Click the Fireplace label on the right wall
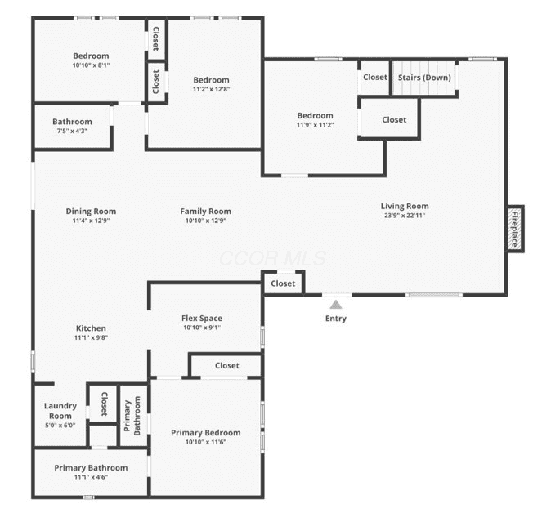pyautogui.click(x=515, y=229)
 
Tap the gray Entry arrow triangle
pyautogui.click(x=336, y=305)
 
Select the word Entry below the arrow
pyautogui.click(x=336, y=319)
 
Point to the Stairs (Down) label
pyautogui.click(x=424, y=78)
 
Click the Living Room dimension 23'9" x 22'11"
pyautogui.click(x=405, y=215)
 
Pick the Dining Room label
pyautogui.click(x=91, y=211)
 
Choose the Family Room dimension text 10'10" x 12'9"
pyautogui.click(x=206, y=221)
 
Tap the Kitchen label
pyautogui.click(x=91, y=328)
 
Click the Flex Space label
pyautogui.click(x=202, y=318)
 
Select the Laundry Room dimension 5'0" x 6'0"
pyautogui.click(x=60, y=426)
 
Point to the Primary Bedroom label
pyautogui.click(x=206, y=432)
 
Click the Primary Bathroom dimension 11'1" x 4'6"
pyautogui.click(x=91, y=477)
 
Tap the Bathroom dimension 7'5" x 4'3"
pyautogui.click(x=72, y=131)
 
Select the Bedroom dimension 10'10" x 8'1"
pyautogui.click(x=91, y=65)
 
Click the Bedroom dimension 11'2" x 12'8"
pyautogui.click(x=211, y=89)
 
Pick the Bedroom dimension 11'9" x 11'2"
pyautogui.click(x=315, y=125)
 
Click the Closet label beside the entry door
pyautogui.click(x=283, y=283)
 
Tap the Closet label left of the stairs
pyautogui.click(x=375, y=77)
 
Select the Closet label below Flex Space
pyautogui.click(x=226, y=365)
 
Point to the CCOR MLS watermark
pyautogui.click(x=273, y=258)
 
